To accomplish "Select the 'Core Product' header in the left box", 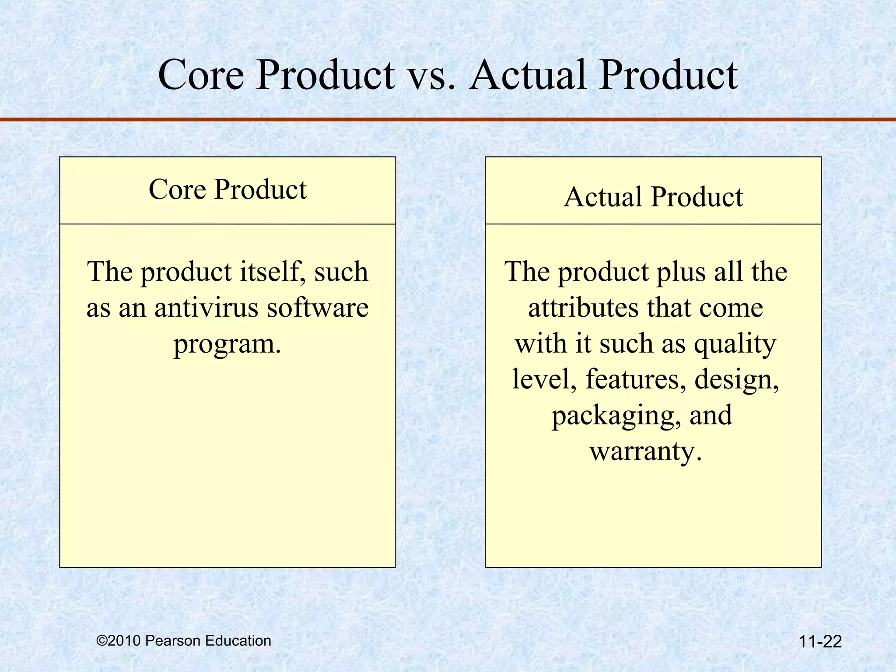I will tap(227, 190).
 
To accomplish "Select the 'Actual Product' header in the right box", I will tap(653, 197).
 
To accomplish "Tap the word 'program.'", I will tap(227, 344).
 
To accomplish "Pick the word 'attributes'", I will tap(583, 308).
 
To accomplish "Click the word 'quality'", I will tap(735, 344).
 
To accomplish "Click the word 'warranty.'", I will tap(646, 451).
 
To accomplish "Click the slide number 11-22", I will tap(820, 642).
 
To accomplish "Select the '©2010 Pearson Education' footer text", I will tap(184, 640).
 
